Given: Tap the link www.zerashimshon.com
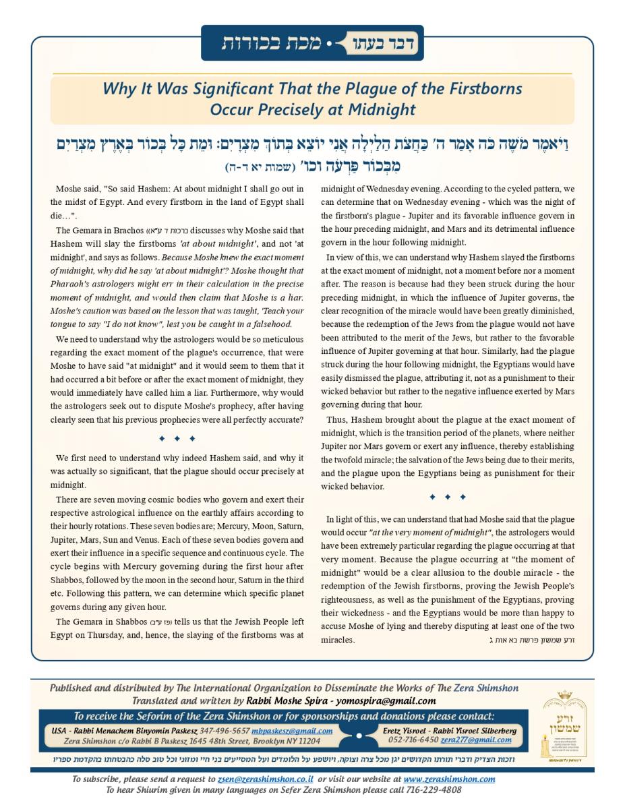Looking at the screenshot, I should [452, 779].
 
